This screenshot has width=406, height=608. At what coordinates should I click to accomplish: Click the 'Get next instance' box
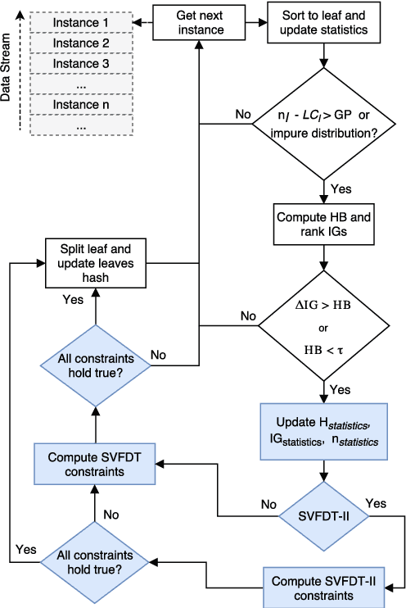[x=200, y=22]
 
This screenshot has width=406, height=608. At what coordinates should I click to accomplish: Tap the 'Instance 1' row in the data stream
[x=81, y=22]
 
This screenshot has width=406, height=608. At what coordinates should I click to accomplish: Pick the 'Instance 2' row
[x=81, y=43]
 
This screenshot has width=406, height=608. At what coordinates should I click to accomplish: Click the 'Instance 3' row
[x=81, y=63]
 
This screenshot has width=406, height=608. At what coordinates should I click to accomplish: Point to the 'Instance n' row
[x=81, y=105]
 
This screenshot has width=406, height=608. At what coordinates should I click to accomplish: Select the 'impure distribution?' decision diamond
[x=327, y=125]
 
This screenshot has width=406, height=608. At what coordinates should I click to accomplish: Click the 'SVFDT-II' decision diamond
[x=327, y=515]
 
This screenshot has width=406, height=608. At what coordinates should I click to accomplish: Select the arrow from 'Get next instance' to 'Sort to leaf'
[x=250, y=22]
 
